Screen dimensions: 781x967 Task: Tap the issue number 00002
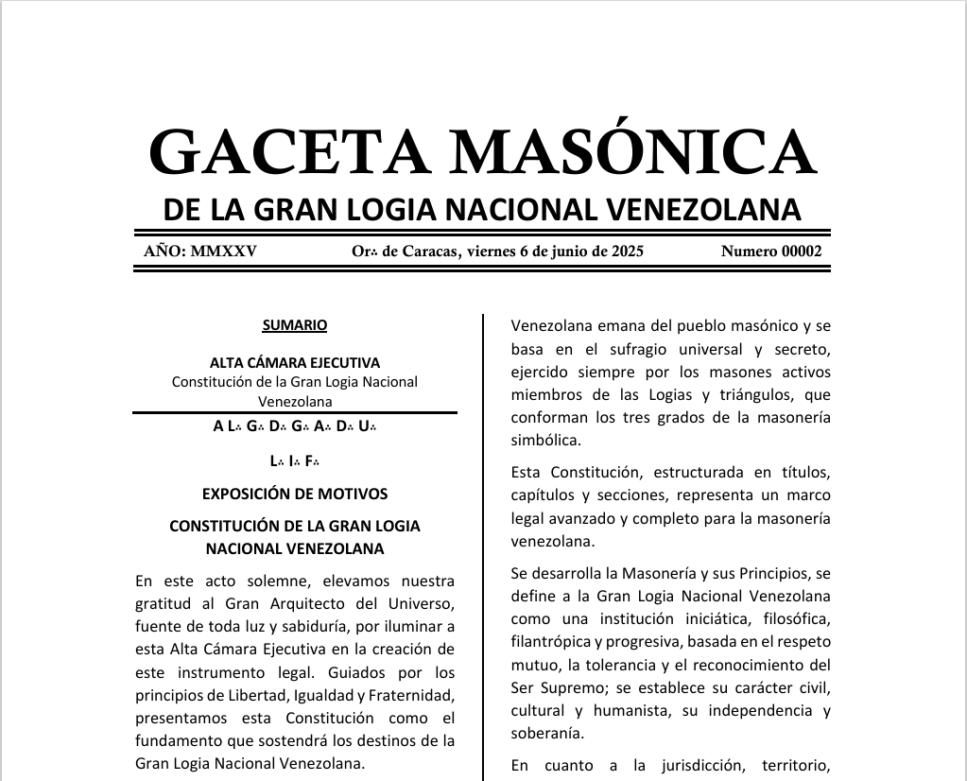pos(801,252)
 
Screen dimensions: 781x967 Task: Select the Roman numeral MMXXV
pos(223,252)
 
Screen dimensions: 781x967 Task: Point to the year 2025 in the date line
pos(626,252)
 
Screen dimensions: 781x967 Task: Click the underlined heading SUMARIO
pos(295,325)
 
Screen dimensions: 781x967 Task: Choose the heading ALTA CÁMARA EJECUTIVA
pos(295,362)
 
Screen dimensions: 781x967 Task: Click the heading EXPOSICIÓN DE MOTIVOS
pos(295,494)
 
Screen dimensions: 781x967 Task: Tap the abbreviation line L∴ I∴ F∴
pos(295,461)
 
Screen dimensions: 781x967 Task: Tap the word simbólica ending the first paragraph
pos(544,440)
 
